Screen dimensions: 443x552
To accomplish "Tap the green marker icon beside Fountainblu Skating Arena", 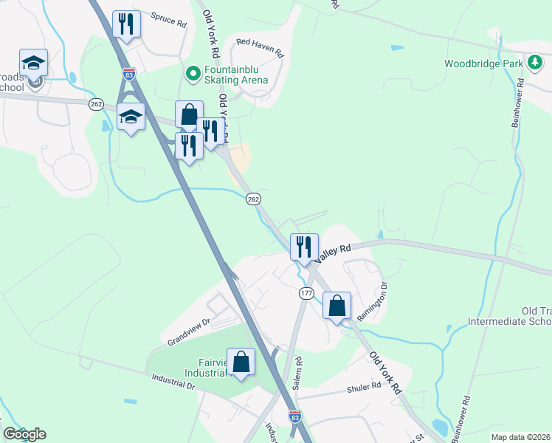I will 193,73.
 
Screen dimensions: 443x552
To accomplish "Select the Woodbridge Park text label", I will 483,63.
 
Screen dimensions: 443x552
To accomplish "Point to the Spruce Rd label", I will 168,20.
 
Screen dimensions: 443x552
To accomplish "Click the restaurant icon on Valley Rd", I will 304,247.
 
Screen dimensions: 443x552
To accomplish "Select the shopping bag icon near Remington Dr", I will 337,306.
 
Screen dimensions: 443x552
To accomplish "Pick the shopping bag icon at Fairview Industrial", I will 241,362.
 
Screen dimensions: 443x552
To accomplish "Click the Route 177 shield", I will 307,293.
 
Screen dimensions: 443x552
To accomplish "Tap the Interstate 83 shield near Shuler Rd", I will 294,417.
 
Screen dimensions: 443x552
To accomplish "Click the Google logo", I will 24,434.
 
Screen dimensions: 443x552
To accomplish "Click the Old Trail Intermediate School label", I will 509,316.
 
